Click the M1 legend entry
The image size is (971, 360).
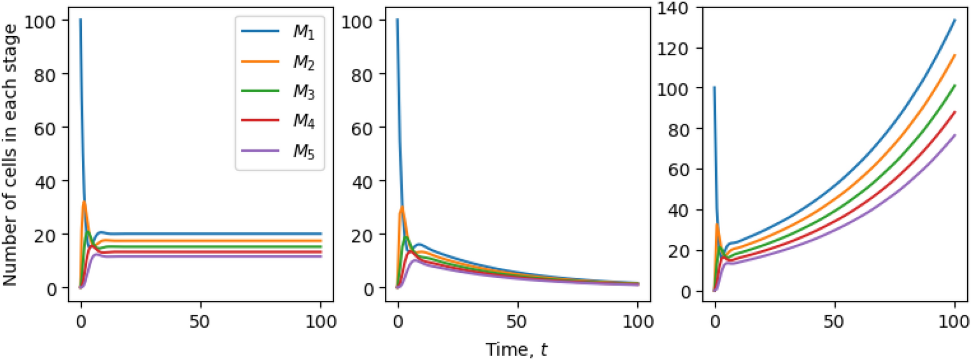[304, 32]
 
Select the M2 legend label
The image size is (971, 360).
[304, 62]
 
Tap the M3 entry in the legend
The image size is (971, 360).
[304, 92]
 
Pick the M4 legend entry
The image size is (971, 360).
[304, 121]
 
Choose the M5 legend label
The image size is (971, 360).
[304, 150]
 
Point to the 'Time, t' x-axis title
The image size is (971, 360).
[516, 349]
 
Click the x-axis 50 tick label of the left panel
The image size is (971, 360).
[200, 321]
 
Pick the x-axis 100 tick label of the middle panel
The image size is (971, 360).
[637, 321]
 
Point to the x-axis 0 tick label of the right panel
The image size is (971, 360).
[714, 321]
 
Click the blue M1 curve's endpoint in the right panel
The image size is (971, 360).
[955, 20]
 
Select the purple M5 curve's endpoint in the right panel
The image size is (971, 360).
[955, 135]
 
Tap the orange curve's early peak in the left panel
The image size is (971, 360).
[84, 202]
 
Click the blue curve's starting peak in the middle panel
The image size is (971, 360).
[397, 20]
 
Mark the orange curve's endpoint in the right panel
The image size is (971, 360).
[955, 55]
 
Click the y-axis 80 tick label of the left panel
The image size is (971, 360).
[45, 75]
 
